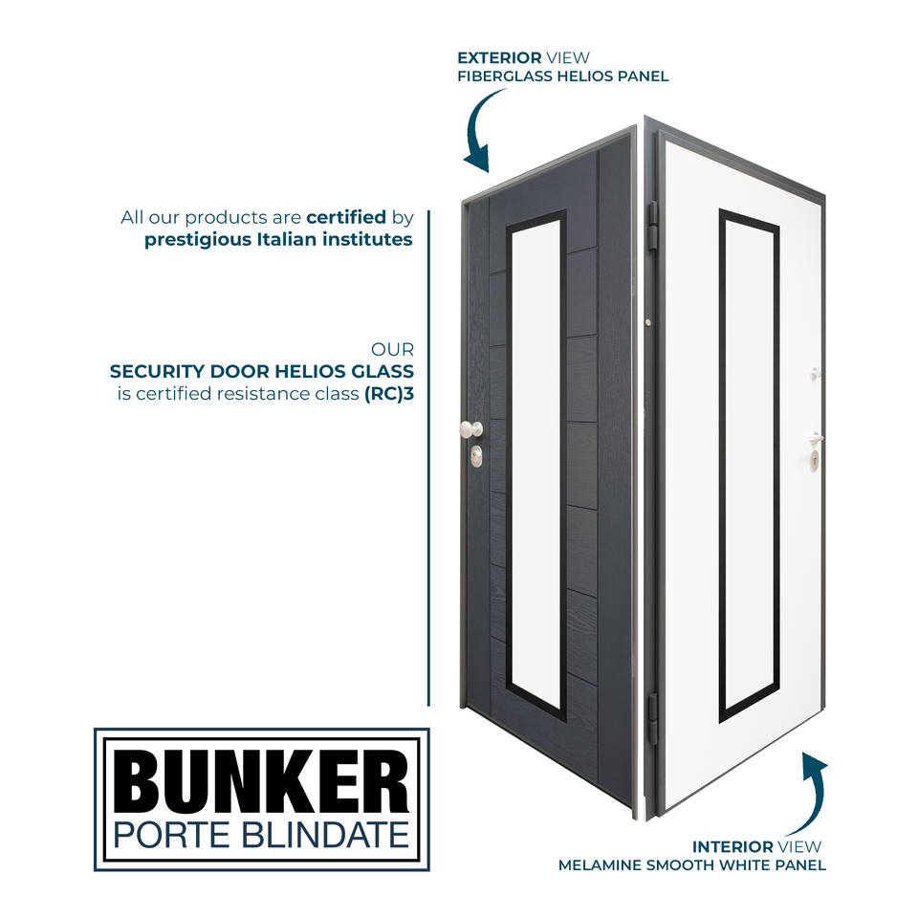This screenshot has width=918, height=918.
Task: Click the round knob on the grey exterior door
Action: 468,429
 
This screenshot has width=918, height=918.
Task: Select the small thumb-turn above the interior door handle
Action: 815,373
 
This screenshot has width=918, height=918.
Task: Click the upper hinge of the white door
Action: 653,223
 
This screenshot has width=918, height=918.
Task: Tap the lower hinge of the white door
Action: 653,718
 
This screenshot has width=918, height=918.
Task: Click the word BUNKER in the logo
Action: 261,779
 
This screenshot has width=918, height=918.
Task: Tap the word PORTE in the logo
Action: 167,834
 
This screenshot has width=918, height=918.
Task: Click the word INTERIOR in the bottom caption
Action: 732,846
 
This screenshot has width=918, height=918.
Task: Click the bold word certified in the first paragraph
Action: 345,217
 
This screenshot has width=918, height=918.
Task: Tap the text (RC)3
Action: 389,393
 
